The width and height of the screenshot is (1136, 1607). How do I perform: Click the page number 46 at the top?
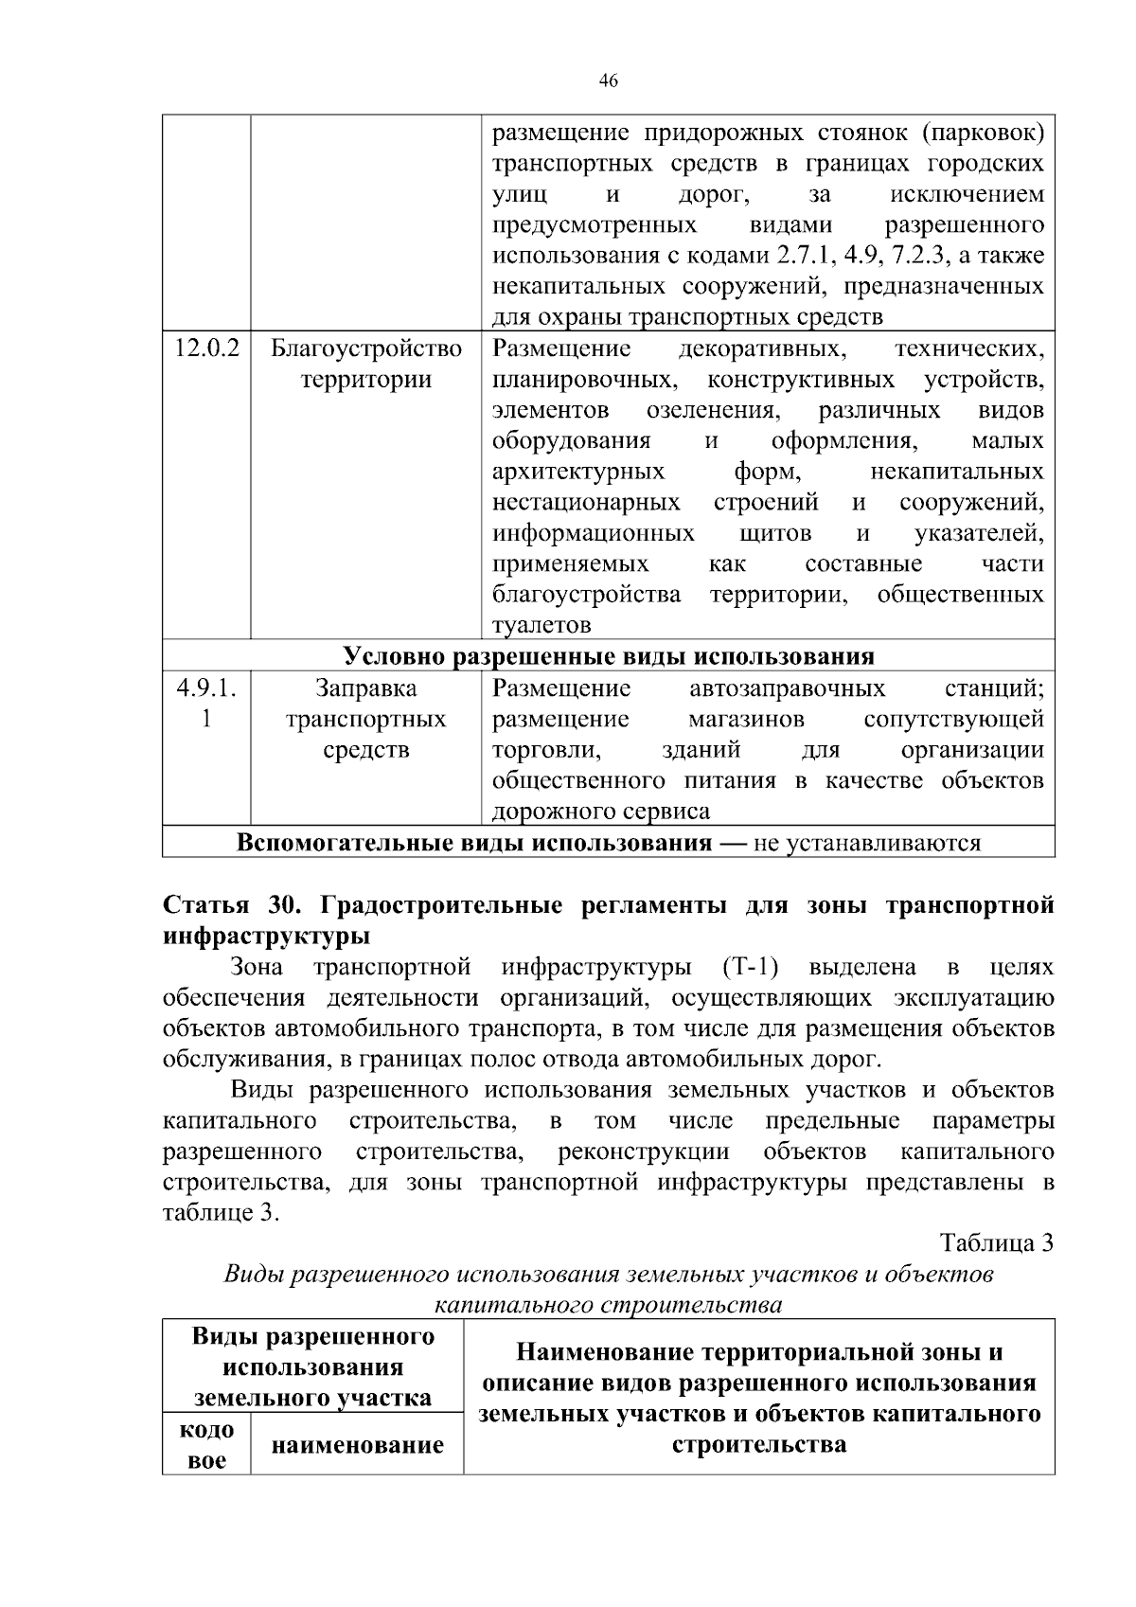pos(609,81)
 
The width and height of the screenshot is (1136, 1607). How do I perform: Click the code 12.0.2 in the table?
pos(206,348)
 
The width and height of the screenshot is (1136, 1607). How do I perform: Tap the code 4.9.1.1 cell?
pos(206,703)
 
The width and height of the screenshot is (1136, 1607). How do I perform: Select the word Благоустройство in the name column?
pos(366,348)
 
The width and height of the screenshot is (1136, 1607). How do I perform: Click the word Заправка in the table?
pos(365,688)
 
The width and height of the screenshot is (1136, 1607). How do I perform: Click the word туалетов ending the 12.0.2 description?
pos(541,625)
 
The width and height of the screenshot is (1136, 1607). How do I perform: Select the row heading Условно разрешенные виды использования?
pos(608,656)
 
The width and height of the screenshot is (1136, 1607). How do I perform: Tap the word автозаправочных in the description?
pos(788,688)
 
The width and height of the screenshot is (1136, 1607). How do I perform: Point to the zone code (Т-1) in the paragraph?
pos(750,967)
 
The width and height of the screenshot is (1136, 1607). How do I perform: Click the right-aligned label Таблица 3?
pos(996,1243)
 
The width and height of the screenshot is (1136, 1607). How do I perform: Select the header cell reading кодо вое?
pos(206,1445)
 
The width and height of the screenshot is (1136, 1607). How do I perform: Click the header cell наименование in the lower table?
pos(358,1445)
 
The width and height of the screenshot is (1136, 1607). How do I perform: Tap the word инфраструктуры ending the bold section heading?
pos(266,936)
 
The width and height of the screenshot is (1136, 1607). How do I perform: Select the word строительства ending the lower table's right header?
pos(759,1445)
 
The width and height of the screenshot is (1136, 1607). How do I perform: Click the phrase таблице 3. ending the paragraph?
pos(221,1213)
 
